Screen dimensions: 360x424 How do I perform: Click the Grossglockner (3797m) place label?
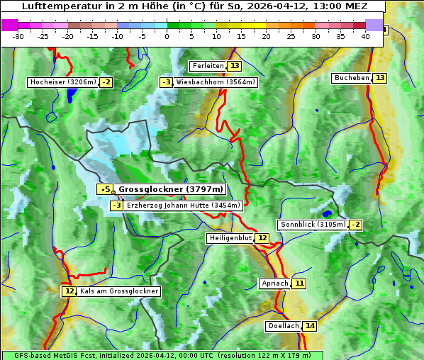click(x=170, y=189)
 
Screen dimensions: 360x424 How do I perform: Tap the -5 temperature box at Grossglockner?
click(x=105, y=189)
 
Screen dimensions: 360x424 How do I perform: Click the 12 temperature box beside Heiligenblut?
click(x=262, y=238)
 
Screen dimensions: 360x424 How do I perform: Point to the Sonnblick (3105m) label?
click(x=313, y=225)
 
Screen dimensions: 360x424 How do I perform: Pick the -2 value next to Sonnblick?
click(x=355, y=225)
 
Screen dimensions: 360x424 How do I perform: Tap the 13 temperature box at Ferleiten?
click(x=234, y=66)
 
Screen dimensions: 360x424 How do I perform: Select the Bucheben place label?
click(x=352, y=77)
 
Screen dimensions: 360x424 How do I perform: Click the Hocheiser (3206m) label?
click(x=62, y=82)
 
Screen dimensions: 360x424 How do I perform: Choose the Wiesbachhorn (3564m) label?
click(x=216, y=82)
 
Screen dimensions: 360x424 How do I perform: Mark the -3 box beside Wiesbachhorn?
click(x=167, y=82)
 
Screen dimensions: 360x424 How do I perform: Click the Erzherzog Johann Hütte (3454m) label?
click(x=184, y=206)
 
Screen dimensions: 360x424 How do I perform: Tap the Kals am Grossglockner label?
click(x=118, y=291)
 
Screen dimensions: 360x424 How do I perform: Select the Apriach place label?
click(x=275, y=283)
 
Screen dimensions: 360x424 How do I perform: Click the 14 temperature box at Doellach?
click(x=310, y=326)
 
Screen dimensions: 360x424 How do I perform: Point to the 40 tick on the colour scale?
click(x=365, y=35)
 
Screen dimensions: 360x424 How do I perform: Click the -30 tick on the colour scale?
click(x=18, y=35)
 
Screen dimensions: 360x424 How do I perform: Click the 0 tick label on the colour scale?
click(x=167, y=35)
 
